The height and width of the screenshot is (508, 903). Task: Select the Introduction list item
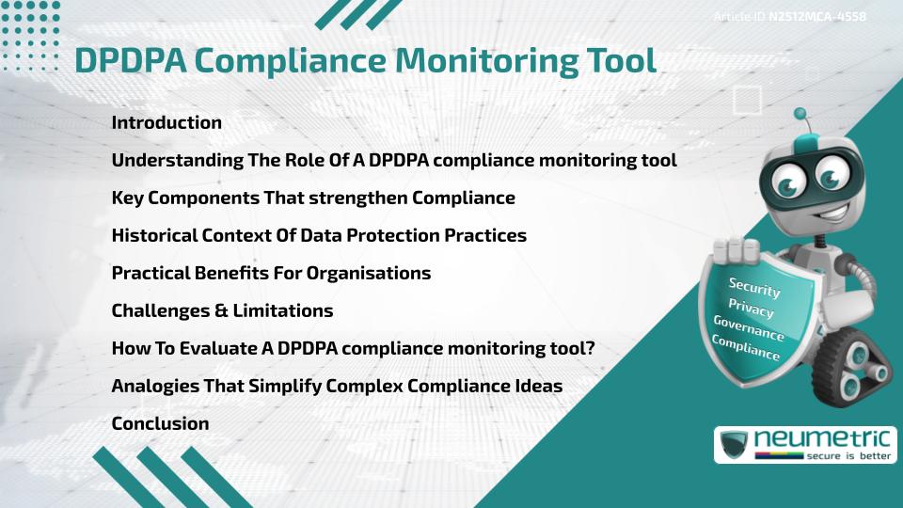(166, 122)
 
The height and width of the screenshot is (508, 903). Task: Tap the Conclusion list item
(160, 423)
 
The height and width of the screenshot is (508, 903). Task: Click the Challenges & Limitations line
(222, 310)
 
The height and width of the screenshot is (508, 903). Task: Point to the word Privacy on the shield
(751, 308)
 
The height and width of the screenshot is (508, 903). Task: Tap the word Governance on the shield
(749, 328)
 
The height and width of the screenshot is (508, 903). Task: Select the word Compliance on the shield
(746, 348)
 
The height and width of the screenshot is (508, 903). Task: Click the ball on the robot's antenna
(800, 115)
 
